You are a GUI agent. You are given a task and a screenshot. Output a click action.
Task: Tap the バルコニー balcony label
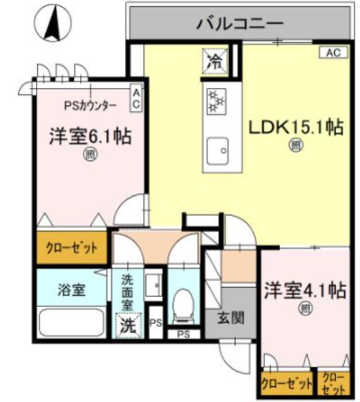tap(241, 24)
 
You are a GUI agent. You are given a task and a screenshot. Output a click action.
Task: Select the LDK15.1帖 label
tap(296, 128)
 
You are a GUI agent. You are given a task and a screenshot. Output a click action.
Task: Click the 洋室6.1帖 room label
tap(90, 137)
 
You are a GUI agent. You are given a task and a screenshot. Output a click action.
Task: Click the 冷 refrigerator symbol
tap(215, 61)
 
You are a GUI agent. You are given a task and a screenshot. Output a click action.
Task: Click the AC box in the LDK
tap(333, 53)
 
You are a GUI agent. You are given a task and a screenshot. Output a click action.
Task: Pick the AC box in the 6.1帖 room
tap(136, 99)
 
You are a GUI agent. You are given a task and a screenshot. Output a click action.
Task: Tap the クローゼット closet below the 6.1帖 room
tap(72, 247)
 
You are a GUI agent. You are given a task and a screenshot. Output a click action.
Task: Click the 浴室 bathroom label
tap(72, 291)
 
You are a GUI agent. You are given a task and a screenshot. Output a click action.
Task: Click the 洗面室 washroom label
tap(128, 291)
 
